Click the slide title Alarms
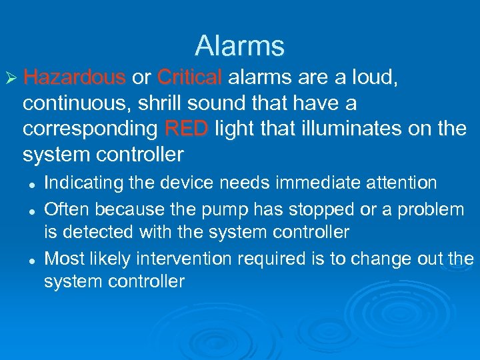coord(240,46)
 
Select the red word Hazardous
coord(74,78)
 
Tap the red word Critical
coord(189,78)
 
